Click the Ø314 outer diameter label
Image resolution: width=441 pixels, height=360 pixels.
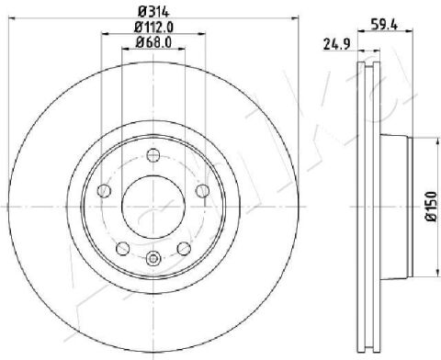click(153, 12)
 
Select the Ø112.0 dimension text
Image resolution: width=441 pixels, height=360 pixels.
click(153, 28)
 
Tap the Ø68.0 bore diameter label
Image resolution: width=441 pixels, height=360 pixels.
click(153, 42)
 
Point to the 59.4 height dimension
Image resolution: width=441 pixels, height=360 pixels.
click(384, 25)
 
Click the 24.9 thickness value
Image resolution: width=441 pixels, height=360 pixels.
click(337, 45)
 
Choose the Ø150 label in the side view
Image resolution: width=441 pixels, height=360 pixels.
click(431, 206)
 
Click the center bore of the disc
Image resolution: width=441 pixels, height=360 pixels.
click(153, 207)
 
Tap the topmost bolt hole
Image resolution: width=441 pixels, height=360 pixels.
click(153, 155)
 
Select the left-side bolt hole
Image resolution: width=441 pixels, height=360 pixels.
click(104, 191)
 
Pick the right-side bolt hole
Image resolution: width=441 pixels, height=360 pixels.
click(202, 191)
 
